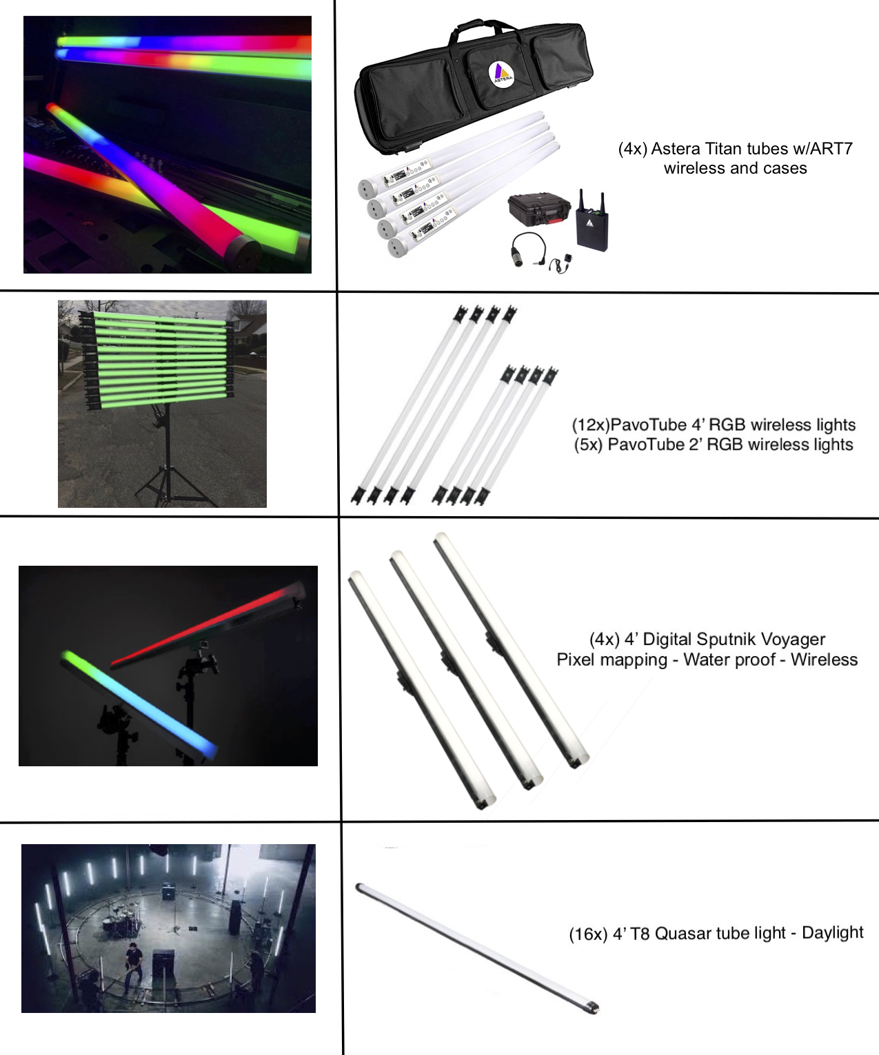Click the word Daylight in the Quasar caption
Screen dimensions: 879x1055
[x=833, y=932]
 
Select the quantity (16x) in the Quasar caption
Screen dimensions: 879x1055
[x=588, y=934]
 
